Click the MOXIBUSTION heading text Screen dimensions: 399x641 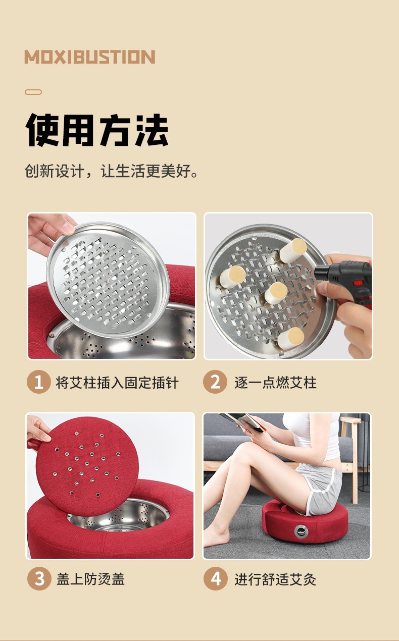90,57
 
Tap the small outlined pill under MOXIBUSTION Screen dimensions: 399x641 33,92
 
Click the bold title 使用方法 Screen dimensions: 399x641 97,130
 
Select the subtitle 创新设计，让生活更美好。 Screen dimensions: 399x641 111,171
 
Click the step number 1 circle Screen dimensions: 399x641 39,382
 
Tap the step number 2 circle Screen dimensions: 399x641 215,382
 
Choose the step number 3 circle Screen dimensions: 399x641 39,578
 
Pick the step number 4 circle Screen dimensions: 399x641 215,578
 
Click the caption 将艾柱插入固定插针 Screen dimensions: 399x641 117,383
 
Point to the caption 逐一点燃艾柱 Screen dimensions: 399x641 276,383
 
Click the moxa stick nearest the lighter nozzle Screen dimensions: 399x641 293,251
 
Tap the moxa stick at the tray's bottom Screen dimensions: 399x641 291,338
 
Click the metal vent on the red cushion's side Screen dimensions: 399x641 302,531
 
